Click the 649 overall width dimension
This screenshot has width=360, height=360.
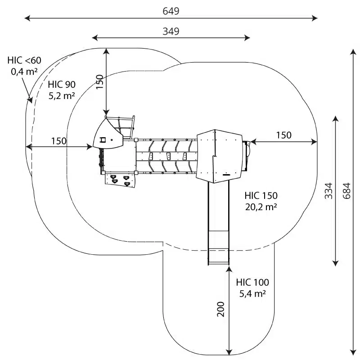[171, 11]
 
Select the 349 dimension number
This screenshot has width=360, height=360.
[171, 31]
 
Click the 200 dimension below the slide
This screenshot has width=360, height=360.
[221, 309]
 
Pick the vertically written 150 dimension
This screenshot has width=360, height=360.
[99, 82]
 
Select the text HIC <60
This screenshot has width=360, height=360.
[24, 60]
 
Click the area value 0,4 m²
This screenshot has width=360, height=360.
[24, 71]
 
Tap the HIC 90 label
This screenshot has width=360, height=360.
[62, 84]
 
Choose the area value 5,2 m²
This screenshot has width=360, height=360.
[62, 95]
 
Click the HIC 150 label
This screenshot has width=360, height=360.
[261, 196]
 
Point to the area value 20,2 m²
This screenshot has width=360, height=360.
[261, 207]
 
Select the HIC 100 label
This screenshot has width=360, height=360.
[252, 283]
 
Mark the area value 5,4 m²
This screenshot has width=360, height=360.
[252, 293]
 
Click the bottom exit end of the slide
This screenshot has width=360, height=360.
[218, 260]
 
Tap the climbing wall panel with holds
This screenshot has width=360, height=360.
[120, 179]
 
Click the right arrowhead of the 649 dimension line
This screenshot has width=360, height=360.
[315, 18]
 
